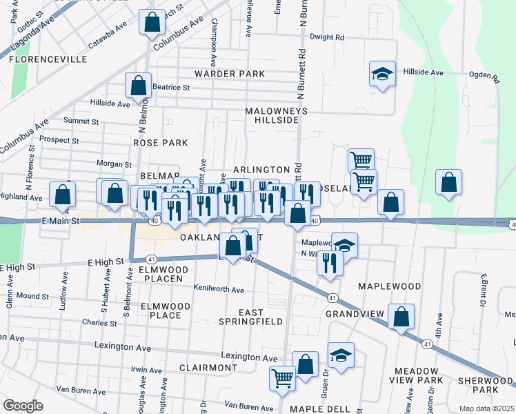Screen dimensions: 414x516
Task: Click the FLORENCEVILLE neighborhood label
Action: click(x=48, y=59)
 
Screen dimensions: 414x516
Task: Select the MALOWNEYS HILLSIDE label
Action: click(x=276, y=115)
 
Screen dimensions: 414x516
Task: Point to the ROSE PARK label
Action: click(x=161, y=143)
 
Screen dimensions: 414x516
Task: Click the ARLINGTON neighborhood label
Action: click(x=261, y=169)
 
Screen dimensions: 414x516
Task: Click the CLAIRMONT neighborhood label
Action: click(x=208, y=368)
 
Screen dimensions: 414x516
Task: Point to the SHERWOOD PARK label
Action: click(x=486, y=385)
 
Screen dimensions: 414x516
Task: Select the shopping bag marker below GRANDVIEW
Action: click(x=401, y=317)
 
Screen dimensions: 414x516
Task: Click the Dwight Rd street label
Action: click(x=326, y=37)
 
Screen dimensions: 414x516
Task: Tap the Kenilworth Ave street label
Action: click(x=219, y=289)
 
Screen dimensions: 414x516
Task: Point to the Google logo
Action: click(x=23, y=406)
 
